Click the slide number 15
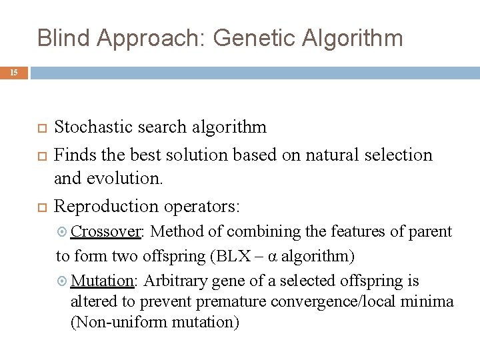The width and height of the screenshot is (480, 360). click(15, 73)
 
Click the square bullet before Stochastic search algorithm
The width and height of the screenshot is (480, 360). click(41, 127)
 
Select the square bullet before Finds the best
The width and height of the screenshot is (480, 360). click(41, 155)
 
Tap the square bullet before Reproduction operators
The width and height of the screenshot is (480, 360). click(41, 206)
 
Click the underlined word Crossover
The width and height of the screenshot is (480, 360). click(106, 231)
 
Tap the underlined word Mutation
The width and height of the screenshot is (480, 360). click(103, 281)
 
